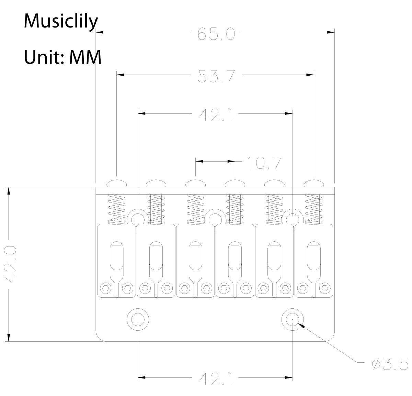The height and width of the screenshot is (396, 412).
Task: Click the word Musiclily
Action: (61, 22)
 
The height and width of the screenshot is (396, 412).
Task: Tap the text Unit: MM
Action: (63, 57)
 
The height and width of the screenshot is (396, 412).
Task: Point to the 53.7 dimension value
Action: (216, 76)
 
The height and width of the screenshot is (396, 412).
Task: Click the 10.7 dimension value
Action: (264, 163)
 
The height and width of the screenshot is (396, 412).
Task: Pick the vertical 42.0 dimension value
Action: (10, 264)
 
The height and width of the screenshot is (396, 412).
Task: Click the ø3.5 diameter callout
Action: (390, 364)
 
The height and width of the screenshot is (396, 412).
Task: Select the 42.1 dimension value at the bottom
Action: (216, 379)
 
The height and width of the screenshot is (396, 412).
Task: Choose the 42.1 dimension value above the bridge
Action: (216, 115)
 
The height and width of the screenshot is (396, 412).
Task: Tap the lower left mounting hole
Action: (138, 319)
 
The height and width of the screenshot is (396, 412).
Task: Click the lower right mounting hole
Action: (293, 319)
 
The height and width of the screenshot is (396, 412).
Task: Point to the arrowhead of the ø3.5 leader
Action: (301, 326)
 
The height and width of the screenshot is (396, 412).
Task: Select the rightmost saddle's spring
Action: (314, 209)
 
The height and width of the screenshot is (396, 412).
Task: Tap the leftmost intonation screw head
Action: (117, 183)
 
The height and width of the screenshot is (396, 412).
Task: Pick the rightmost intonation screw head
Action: (314, 183)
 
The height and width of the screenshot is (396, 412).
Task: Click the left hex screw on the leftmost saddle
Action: (106, 288)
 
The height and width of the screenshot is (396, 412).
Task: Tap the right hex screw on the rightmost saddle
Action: (325, 288)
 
